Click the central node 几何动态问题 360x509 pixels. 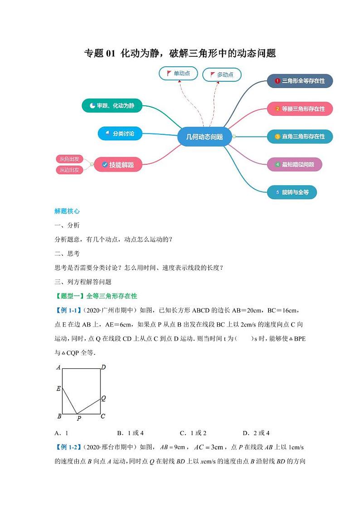pos(204,137)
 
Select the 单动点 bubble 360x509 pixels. pos(178,73)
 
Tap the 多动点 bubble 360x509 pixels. pos(221,75)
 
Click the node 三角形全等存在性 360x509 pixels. pos(300,81)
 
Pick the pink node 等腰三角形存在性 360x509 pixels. pos(300,109)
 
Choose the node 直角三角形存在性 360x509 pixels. pos(300,137)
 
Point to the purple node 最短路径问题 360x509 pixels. pos(294,164)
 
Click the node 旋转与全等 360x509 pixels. pos(291,192)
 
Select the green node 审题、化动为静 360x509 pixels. pos(112,106)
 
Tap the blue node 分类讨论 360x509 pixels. pos(120,133)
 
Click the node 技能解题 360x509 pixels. pos(118,165)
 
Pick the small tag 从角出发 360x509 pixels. pos(70,159)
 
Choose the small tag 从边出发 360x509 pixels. pos(70,170)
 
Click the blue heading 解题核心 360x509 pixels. pos(67,211)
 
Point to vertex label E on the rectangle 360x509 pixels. pos(58,388)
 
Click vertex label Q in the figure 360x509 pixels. pos(103,398)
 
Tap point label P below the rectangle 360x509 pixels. pos(78,418)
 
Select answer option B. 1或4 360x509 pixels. pos(130,433)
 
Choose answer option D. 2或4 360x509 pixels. pos(256,433)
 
